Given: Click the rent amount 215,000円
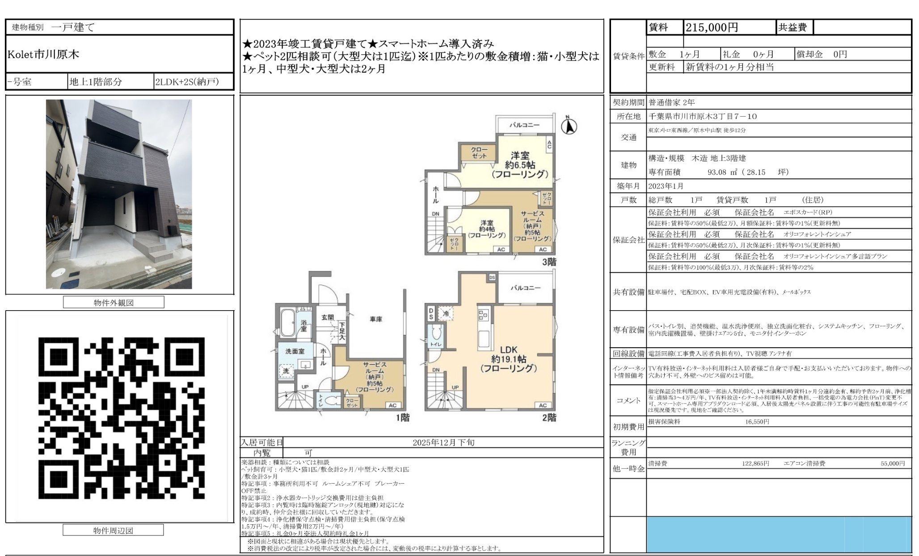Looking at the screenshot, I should tap(712, 28).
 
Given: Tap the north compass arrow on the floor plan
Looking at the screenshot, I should tap(569, 126).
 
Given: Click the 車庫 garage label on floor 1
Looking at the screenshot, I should tap(375, 319).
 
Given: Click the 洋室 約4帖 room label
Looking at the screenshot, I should tap(487, 229).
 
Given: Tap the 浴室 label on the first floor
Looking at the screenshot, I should tap(304, 326).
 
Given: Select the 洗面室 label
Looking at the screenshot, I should tap(295, 351).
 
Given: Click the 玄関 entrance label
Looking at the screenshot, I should tap(328, 317).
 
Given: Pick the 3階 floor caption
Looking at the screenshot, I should tap(549, 262).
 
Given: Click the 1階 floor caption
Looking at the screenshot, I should tap(402, 418).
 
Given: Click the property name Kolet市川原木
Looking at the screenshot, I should tap(43, 55).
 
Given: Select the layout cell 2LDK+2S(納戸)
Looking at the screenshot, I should tap(187, 82).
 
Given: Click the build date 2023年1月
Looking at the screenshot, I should tap(666, 186).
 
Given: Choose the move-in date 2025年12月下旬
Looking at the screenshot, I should tap(443, 442).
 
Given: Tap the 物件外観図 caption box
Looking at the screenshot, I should tap(114, 303).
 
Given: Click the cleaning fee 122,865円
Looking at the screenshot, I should tap(755, 463).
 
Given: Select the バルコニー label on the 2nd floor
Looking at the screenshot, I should tap(525, 288).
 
